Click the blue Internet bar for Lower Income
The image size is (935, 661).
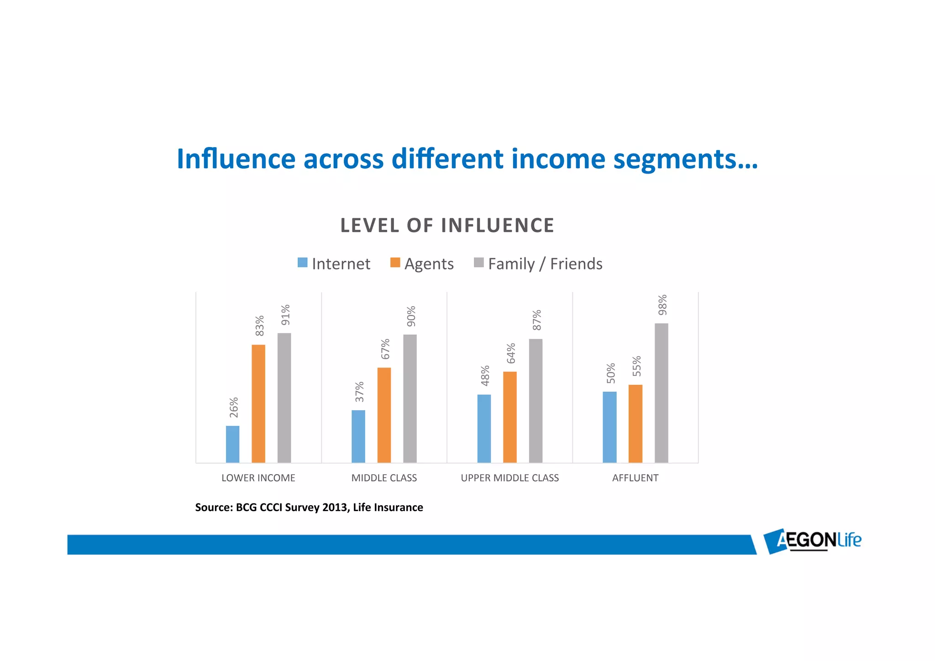(x=232, y=444)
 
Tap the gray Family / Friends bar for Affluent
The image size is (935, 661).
(x=661, y=393)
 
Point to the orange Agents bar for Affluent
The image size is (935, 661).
(x=635, y=423)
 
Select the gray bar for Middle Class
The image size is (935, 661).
(x=410, y=398)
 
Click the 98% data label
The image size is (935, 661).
(x=662, y=305)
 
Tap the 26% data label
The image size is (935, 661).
(x=234, y=407)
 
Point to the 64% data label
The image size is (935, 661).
(x=511, y=353)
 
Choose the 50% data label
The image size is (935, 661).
(x=611, y=373)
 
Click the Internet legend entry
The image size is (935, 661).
(x=334, y=264)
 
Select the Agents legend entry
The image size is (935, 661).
(x=422, y=264)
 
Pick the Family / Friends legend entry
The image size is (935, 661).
(x=538, y=264)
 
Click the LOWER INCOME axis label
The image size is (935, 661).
(x=258, y=478)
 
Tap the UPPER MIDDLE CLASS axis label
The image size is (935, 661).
(x=510, y=478)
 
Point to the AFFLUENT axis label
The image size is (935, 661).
(x=635, y=478)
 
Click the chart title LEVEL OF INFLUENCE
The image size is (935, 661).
(x=447, y=226)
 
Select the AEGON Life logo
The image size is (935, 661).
(x=813, y=541)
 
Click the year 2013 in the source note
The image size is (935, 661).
(x=335, y=508)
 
